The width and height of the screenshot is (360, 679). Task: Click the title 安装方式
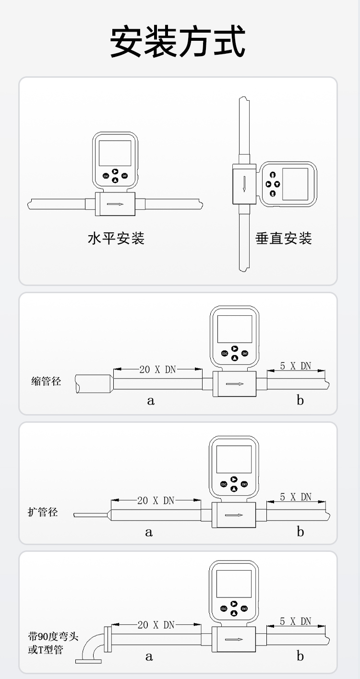(178, 41)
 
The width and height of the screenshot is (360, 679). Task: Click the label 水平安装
(116, 238)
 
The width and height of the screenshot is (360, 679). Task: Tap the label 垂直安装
(284, 238)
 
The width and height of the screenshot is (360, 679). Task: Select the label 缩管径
(46, 381)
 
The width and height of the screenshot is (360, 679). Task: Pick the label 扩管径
(43, 512)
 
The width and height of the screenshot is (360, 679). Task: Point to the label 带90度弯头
(53, 636)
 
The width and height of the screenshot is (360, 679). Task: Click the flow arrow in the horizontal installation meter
(115, 204)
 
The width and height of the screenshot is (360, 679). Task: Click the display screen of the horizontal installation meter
(115, 153)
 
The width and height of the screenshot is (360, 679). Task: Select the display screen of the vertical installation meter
(295, 184)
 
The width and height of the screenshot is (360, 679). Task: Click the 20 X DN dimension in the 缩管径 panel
(158, 369)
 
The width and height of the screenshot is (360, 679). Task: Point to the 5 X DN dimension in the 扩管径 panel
(296, 497)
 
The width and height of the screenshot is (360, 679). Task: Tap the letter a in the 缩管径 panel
(151, 401)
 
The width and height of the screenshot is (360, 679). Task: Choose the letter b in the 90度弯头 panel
(300, 656)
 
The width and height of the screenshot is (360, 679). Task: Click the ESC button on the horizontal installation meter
(106, 176)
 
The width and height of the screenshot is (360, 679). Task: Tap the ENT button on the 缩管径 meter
(245, 354)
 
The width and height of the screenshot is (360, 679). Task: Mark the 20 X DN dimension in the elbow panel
(156, 625)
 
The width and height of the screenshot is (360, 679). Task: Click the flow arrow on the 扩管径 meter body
(234, 515)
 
